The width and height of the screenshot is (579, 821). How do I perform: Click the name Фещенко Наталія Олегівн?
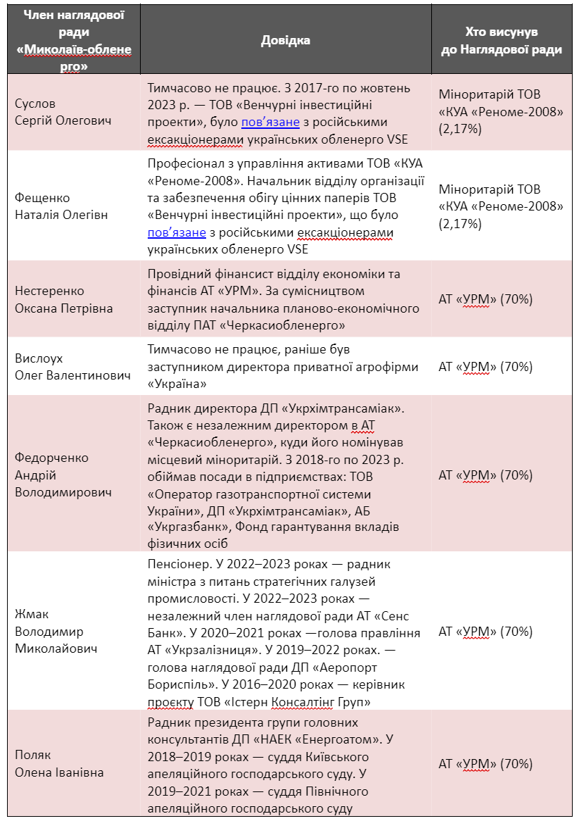(x=61, y=206)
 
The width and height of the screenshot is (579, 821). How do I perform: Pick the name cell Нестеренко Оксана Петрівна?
(x=63, y=300)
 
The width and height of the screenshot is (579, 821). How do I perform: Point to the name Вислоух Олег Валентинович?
(x=72, y=367)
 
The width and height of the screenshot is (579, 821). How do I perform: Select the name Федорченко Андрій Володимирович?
(x=63, y=475)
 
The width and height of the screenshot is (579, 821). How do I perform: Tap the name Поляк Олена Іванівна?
(x=59, y=763)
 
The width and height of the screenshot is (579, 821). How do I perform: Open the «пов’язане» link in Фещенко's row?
(x=177, y=232)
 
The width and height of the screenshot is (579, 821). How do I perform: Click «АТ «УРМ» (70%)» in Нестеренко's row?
(x=485, y=299)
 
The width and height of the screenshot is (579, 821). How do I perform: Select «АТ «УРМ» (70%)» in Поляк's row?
(x=485, y=763)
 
